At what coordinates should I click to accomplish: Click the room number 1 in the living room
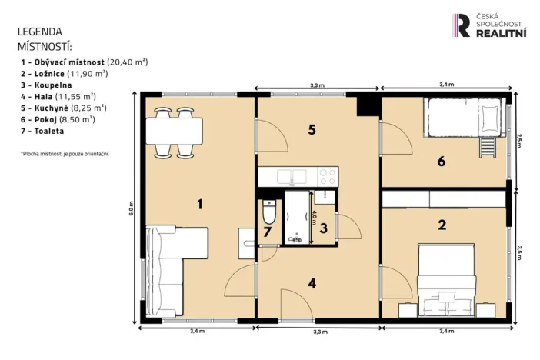(200, 204)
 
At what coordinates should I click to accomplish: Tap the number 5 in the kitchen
(312, 130)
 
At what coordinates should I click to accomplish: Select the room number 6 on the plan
(441, 162)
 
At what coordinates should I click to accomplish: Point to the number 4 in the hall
(312, 282)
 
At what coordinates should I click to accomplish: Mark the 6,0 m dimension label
(132, 207)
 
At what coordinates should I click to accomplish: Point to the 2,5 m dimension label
(518, 140)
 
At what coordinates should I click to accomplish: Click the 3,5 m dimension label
(518, 252)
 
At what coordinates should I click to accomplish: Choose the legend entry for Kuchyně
(64, 108)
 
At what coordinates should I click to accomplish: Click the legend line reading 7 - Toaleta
(42, 132)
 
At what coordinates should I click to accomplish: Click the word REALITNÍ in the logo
(502, 33)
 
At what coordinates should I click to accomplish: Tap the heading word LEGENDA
(39, 32)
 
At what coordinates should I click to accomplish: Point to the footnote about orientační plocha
(65, 154)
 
